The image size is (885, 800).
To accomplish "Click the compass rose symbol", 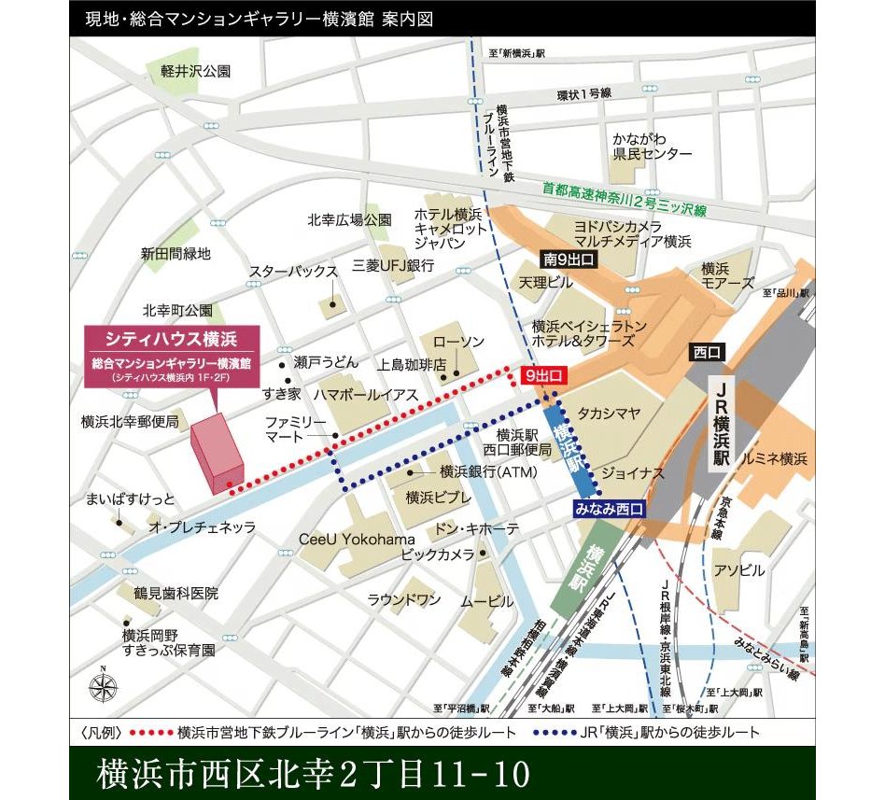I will tap(104, 687).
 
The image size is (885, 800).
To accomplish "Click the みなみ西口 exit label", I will tap(610, 509).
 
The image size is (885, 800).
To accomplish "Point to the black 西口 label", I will tap(707, 352).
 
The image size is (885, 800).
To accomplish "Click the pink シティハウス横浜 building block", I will tap(216, 454).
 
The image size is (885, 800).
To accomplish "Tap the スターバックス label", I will tap(292, 272).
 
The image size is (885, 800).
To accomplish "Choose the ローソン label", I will tap(459, 342).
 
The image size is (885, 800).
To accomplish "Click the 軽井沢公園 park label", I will tap(195, 71).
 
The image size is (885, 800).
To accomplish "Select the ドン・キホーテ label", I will tap(477, 529).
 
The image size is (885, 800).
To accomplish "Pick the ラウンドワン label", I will tap(403, 599).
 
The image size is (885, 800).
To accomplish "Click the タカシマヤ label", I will tap(609, 411).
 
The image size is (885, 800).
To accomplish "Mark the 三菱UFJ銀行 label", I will tap(393, 266).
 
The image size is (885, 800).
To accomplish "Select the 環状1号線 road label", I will tap(583, 94).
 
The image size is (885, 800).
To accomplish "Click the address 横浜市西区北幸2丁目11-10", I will tap(313, 773).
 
